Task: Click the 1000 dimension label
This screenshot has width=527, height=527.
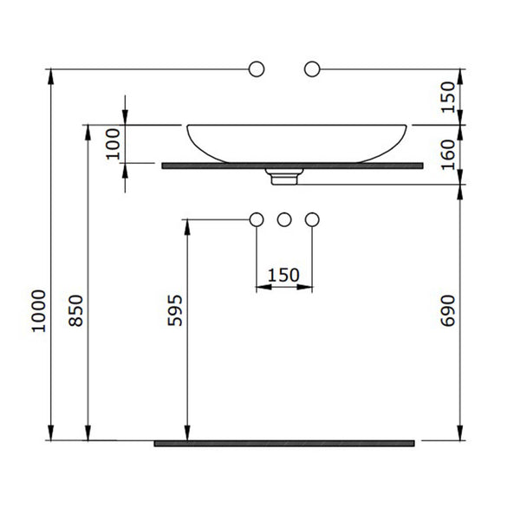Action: click(x=38, y=311)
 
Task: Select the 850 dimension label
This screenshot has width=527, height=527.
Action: click(x=75, y=310)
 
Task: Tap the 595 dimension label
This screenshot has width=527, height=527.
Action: click(x=175, y=310)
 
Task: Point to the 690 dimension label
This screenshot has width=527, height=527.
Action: click(x=447, y=310)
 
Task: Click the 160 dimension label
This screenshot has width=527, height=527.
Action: click(x=447, y=154)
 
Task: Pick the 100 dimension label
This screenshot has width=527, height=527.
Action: click(x=113, y=144)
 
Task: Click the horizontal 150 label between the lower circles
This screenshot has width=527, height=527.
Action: click(x=283, y=275)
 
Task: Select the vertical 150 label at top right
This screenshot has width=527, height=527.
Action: click(x=447, y=97)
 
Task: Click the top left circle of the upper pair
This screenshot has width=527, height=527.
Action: click(x=257, y=69)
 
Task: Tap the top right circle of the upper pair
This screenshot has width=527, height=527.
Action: click(x=312, y=69)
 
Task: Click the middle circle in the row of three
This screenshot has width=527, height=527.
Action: click(x=284, y=219)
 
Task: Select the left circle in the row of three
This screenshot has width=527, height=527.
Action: click(x=257, y=219)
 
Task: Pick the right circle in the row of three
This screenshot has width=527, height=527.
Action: click(x=312, y=219)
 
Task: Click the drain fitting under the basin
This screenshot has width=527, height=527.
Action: click(x=284, y=177)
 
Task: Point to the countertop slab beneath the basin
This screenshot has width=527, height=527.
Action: click(x=292, y=166)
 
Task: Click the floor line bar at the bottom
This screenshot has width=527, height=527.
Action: click(x=284, y=443)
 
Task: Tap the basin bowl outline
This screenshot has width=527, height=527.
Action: click(x=296, y=125)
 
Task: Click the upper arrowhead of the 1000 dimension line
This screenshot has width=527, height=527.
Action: click(x=51, y=76)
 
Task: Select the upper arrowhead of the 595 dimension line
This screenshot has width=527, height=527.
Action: click(x=187, y=227)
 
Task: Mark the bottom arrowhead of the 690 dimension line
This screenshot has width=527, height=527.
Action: click(x=460, y=433)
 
